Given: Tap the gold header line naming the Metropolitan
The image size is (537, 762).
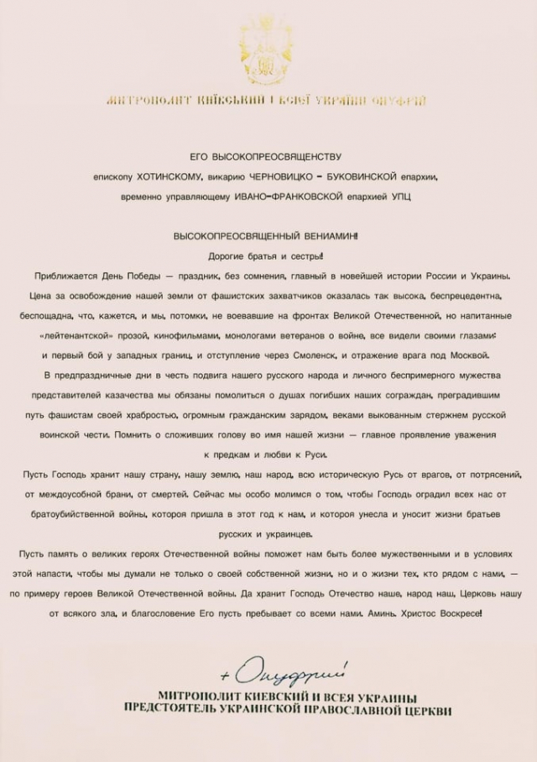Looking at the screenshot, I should point(267,101).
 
